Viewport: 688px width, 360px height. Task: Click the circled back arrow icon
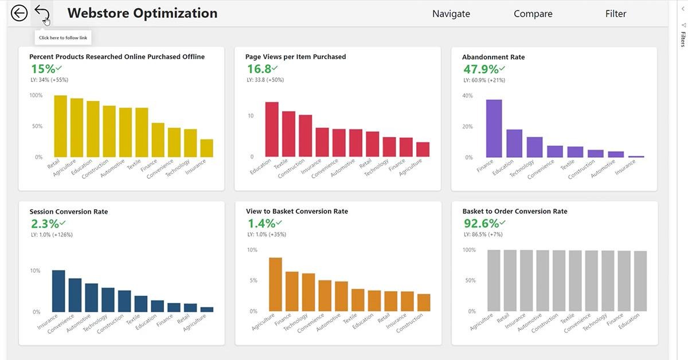19,13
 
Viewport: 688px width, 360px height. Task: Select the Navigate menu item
451,14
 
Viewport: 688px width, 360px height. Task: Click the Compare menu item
533,14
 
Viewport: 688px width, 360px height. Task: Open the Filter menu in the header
615,14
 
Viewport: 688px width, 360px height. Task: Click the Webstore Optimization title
142,13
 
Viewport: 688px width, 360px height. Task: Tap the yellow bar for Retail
61,126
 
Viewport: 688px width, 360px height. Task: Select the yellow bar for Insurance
206,148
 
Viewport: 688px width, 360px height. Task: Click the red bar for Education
272,130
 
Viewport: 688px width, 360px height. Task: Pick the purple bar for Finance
494,128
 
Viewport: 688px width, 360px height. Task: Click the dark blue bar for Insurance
58,291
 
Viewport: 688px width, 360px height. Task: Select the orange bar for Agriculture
275,284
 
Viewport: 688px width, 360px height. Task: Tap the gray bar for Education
640,281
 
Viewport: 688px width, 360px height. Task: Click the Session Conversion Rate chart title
69,212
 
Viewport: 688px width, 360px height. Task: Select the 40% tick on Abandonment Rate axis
467,96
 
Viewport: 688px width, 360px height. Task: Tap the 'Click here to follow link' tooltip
62,38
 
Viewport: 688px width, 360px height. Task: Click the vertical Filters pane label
683,39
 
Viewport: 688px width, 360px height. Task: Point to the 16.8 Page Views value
259,69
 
